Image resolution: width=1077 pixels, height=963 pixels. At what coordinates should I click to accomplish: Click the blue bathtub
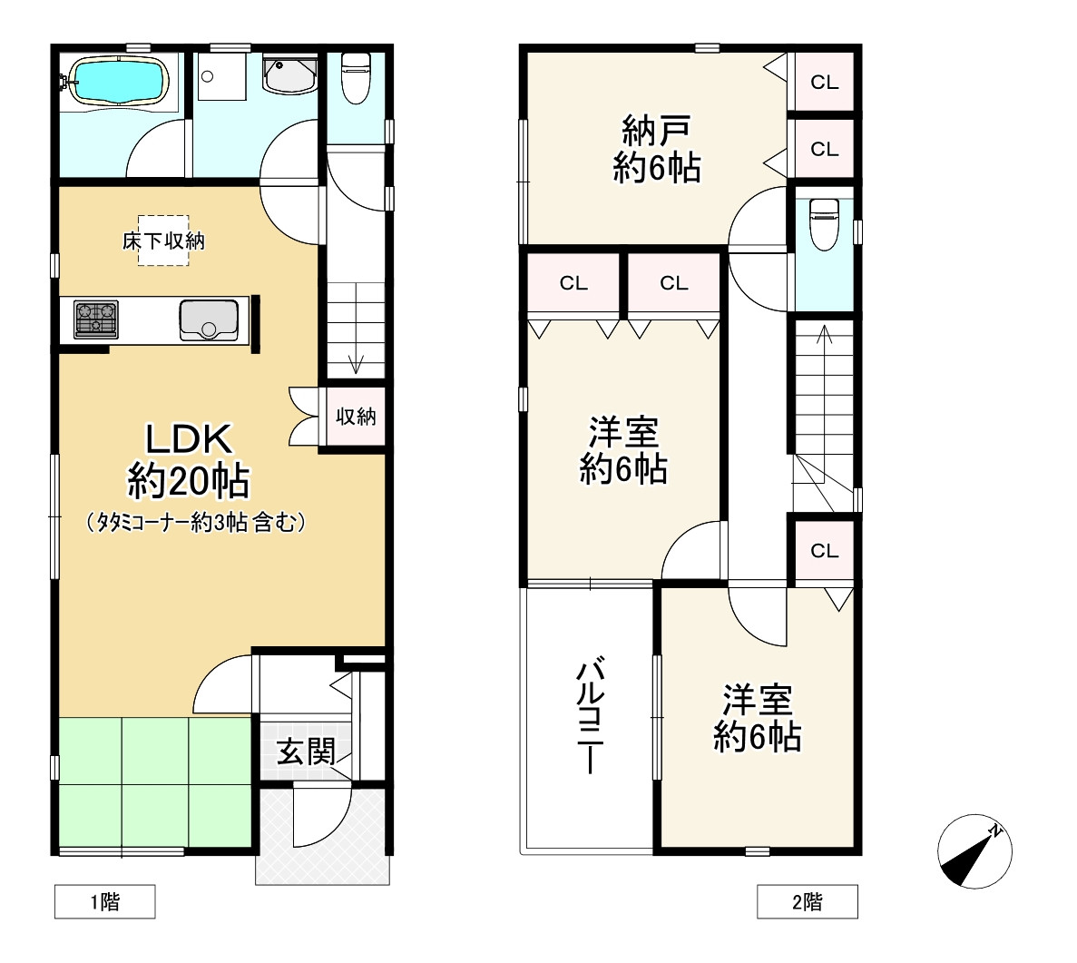[x=120, y=81]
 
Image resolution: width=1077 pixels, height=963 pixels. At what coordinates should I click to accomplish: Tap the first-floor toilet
[x=356, y=77]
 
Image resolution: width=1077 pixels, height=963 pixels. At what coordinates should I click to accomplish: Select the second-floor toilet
[x=824, y=224]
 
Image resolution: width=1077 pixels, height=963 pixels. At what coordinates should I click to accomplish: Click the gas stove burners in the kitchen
[x=95, y=319]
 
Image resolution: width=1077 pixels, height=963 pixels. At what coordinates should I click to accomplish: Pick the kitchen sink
[x=209, y=320]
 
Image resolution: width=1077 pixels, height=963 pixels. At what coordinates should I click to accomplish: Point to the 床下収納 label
[x=163, y=241]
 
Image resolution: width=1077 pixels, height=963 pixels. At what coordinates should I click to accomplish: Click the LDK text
[x=189, y=439]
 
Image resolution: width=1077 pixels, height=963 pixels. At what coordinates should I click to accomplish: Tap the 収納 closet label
[x=356, y=417]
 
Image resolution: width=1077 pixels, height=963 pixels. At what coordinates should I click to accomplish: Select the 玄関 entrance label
[x=306, y=752]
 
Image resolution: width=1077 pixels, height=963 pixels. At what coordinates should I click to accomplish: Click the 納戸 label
[x=657, y=130]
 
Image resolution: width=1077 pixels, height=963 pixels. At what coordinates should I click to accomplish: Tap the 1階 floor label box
[x=105, y=901]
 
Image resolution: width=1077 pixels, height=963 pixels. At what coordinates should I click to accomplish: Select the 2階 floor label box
[x=807, y=901]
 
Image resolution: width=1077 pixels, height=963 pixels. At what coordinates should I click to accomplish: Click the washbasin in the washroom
[x=289, y=74]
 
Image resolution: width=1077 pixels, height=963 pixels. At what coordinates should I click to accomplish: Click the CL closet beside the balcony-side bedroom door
[x=824, y=551]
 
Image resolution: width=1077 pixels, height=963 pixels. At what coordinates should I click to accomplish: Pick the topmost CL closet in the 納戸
[x=824, y=83]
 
